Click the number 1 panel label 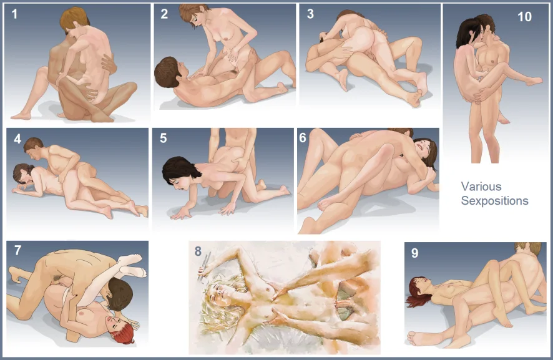coord(14,14)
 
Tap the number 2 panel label coord(164,14)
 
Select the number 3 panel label coord(310,14)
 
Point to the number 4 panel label coord(17,139)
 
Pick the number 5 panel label coord(164,139)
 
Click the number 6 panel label coord(303,137)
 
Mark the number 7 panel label coord(18,250)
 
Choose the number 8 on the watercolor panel coord(198,251)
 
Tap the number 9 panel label coord(414,253)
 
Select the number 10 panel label coord(524,17)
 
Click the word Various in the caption coord(481,186)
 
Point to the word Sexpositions coord(495,201)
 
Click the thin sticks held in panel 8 coord(205,266)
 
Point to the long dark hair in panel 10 coord(466,32)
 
